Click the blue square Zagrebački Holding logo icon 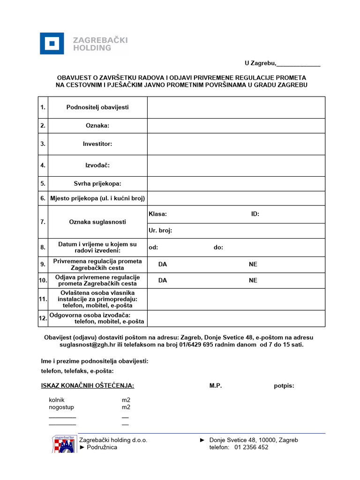[x=52, y=44]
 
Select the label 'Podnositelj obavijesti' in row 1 [x=97, y=107]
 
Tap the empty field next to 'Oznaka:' [x=236, y=126]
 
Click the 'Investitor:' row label [x=97, y=144]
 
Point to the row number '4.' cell [x=43, y=165]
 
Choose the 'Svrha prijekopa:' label [x=97, y=184]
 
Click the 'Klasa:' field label [x=157, y=214]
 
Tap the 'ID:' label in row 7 [x=255, y=214]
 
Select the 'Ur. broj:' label [x=160, y=231]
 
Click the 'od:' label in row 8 [x=153, y=247]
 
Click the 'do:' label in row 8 [x=218, y=247]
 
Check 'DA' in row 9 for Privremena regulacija [x=163, y=264]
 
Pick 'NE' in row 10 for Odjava [x=253, y=280]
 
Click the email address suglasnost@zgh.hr [x=87, y=345]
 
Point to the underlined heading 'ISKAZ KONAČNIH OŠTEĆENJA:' [x=88, y=386]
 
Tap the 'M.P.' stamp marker [x=216, y=386]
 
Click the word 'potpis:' [x=284, y=386]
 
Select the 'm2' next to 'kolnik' [x=126, y=400]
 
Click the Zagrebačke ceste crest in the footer [x=63, y=443]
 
